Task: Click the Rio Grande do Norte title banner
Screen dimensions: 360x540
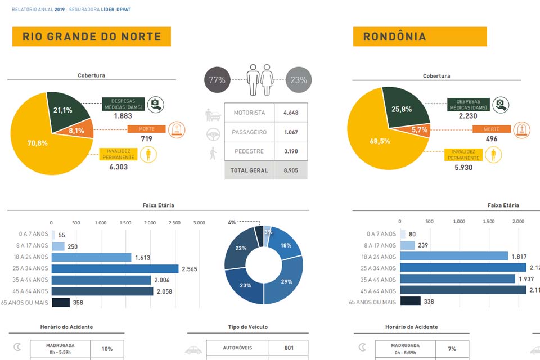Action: coord(92,37)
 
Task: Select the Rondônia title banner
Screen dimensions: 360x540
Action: coord(420,37)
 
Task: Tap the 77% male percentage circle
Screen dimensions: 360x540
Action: coord(217,80)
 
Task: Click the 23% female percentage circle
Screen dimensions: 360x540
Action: coord(299,80)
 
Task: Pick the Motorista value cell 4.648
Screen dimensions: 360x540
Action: coord(291,112)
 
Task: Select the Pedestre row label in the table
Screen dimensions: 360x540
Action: coord(249,151)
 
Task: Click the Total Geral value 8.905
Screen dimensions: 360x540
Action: coord(291,170)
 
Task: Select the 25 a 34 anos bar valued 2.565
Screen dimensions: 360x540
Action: coord(115,268)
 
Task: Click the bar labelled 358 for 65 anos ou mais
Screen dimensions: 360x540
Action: coord(61,303)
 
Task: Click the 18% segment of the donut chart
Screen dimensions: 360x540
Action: coord(285,245)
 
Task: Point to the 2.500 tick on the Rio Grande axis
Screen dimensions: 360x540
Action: coord(174,223)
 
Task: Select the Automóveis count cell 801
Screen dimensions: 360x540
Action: coord(289,348)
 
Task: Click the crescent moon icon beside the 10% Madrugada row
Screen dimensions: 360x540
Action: coord(17,348)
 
